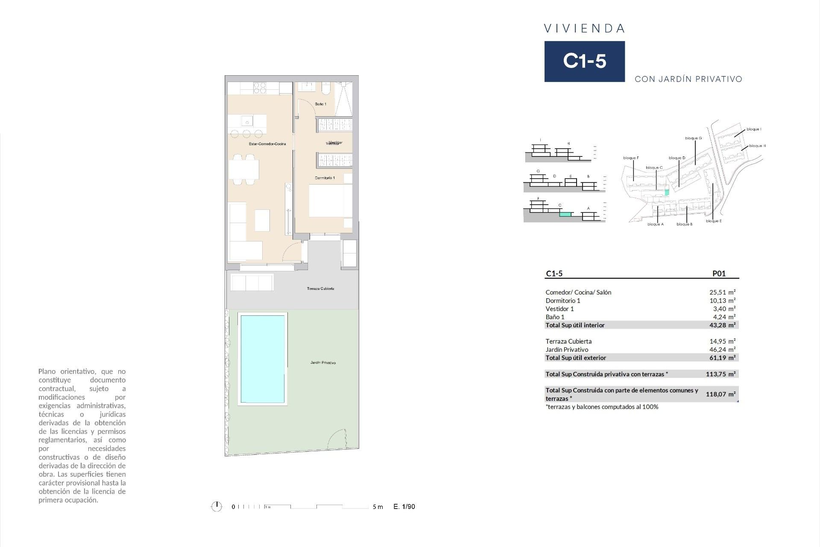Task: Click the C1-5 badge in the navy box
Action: click(x=584, y=61)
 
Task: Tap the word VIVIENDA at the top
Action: click(x=584, y=29)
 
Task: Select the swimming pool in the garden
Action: click(x=262, y=359)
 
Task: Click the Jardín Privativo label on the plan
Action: click(x=323, y=363)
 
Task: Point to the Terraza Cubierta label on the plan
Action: click(x=320, y=289)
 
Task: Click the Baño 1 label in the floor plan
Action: click(x=320, y=104)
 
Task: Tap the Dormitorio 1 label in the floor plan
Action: click(x=325, y=178)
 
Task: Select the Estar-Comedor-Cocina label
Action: click(x=267, y=144)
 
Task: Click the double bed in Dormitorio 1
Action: click(x=330, y=201)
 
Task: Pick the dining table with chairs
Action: click(x=244, y=170)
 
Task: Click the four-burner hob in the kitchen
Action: click(x=260, y=88)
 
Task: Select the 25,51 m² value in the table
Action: click(x=722, y=292)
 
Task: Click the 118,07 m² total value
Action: click(x=720, y=394)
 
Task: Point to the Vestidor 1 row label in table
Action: click(x=559, y=309)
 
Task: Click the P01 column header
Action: click(x=719, y=274)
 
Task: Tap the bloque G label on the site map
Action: click(x=693, y=138)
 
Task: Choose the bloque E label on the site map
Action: click(x=714, y=221)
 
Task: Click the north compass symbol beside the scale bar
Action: click(x=217, y=507)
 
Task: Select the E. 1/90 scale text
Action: click(x=404, y=507)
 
